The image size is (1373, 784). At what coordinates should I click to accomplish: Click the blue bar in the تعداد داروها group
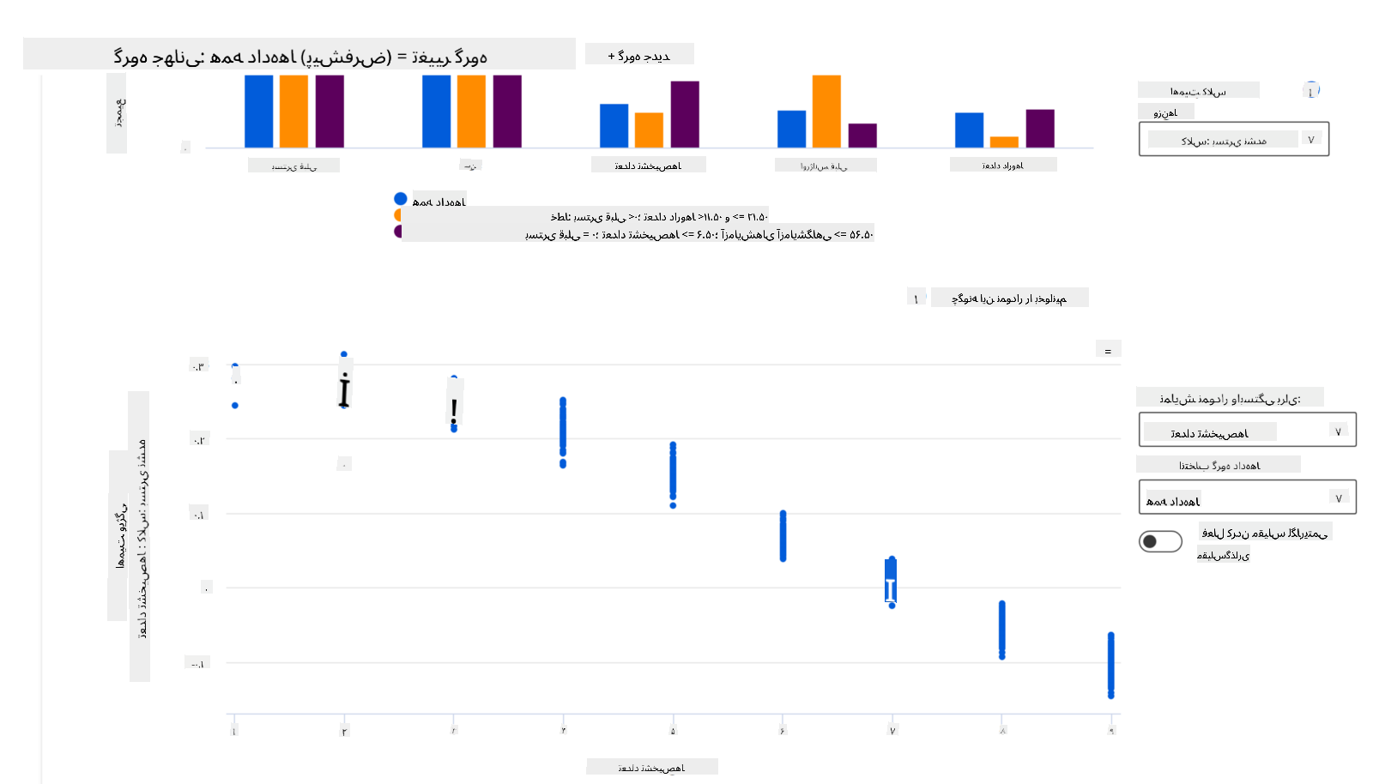click(969, 130)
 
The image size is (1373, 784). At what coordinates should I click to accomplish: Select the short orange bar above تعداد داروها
click(1004, 142)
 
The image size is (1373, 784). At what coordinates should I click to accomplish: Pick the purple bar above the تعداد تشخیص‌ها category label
click(685, 114)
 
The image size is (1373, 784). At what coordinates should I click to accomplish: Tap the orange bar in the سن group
click(471, 112)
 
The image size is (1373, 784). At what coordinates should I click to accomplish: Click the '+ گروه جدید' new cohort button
click(639, 56)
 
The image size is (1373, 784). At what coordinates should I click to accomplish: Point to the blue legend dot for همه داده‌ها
click(401, 199)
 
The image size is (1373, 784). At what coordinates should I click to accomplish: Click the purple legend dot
click(398, 232)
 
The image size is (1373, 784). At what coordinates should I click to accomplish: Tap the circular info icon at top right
click(1310, 90)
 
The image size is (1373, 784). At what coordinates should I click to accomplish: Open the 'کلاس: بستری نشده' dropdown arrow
click(1310, 140)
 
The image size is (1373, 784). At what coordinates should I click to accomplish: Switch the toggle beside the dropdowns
click(1160, 541)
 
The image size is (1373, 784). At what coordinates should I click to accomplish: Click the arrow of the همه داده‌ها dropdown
click(1339, 498)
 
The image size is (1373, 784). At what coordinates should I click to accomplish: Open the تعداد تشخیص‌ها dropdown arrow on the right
click(1339, 431)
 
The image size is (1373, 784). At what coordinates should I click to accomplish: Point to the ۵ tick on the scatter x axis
click(673, 731)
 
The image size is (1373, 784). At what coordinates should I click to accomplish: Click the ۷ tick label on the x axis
click(892, 731)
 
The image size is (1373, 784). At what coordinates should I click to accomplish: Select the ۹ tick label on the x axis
click(1111, 731)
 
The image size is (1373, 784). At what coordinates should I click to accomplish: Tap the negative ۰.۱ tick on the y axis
click(197, 663)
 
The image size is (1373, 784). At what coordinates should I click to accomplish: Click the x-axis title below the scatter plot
click(651, 768)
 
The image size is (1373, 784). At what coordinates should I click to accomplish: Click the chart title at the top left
click(299, 57)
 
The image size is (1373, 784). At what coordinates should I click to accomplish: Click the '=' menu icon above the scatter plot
click(1108, 351)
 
